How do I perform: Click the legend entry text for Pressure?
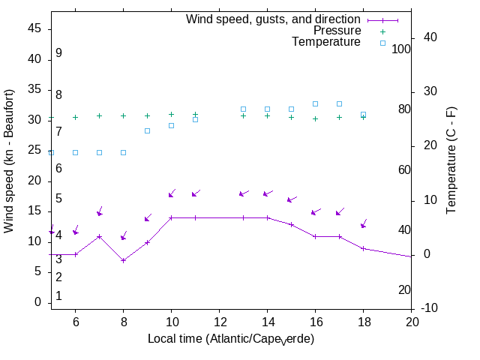point(337,31)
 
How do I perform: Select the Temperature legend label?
point(326,42)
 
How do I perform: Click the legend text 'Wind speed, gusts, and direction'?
point(274,19)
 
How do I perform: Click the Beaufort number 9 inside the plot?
point(58,53)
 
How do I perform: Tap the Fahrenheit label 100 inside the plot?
point(401,49)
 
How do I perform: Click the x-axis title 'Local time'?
point(230,339)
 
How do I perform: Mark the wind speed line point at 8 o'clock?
point(123,260)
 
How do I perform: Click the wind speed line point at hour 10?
point(171,217)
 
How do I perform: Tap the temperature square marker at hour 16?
point(315,103)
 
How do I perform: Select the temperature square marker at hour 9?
point(147,130)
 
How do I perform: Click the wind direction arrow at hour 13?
point(243,194)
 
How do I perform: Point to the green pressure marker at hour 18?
point(363,117)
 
